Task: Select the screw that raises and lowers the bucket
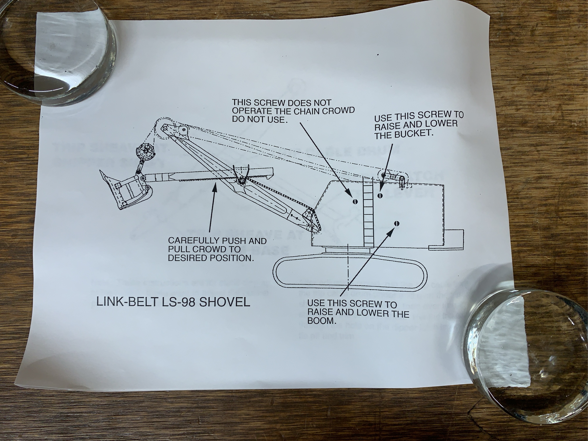click(380, 196)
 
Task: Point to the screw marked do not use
click(354, 201)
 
